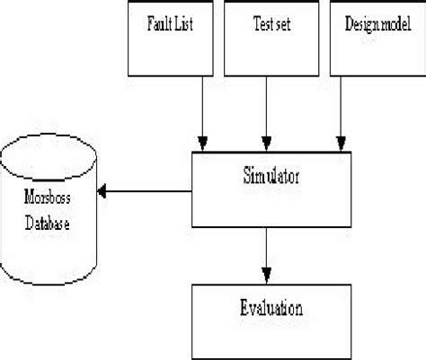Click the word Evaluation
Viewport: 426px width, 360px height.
pyautogui.click(x=271, y=309)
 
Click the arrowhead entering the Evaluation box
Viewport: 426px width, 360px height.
pyautogui.click(x=267, y=275)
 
